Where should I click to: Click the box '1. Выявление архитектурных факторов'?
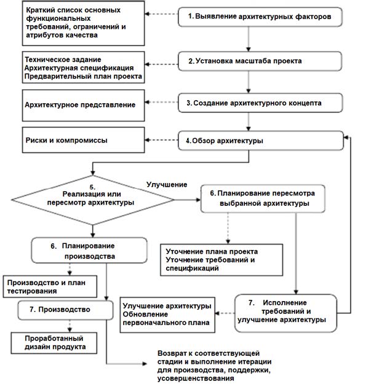[260, 17]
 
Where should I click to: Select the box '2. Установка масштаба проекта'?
[260, 61]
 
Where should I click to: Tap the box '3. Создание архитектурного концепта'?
[260, 103]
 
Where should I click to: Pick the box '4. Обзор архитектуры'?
[260, 141]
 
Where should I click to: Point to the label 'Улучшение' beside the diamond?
[166, 184]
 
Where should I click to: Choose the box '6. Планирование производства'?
[89, 250]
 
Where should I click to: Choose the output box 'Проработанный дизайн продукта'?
[56, 342]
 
